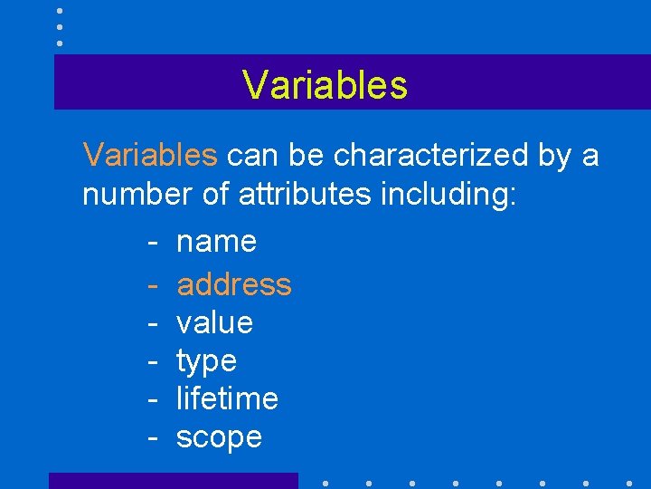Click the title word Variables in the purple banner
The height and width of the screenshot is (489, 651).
click(x=325, y=85)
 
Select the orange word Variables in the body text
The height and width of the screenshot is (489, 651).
click(x=150, y=156)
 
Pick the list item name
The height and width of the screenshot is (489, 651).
click(x=217, y=242)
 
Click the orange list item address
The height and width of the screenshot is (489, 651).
click(x=234, y=284)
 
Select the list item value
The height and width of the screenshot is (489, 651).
click(x=215, y=323)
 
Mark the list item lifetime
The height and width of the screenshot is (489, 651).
click(x=227, y=398)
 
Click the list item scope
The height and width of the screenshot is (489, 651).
click(x=219, y=437)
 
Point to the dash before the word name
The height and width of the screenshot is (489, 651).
click(x=154, y=243)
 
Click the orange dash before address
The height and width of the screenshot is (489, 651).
click(x=154, y=285)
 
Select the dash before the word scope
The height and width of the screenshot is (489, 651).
click(x=154, y=438)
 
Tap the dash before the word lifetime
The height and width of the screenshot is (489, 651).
click(x=154, y=399)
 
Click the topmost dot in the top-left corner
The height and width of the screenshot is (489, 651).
click(x=60, y=11)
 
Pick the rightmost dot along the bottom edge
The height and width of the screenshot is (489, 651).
click(x=629, y=483)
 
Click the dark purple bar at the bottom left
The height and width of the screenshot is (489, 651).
click(x=173, y=481)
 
